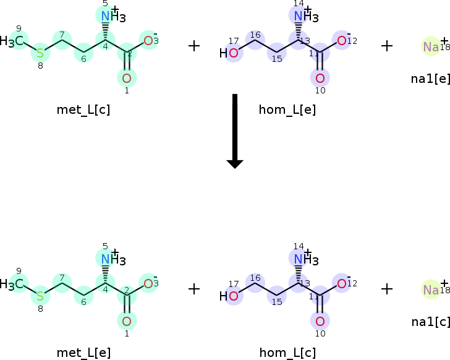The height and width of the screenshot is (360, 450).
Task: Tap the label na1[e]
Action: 430,79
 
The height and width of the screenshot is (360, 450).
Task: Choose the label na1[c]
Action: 430,322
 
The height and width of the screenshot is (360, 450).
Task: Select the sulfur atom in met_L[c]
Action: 40,53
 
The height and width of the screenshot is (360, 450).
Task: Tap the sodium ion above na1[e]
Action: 431,46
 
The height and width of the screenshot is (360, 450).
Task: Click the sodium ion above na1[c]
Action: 431,289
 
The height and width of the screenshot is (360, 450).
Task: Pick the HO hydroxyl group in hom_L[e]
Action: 229,53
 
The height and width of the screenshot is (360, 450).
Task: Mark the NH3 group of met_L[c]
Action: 112,17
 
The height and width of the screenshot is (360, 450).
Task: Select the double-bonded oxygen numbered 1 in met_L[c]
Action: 126,78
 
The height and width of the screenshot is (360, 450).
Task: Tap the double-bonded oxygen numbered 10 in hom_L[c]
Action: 320,321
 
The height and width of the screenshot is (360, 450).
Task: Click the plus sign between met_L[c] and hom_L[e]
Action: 194,46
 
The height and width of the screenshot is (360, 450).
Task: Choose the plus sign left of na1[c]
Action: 387,289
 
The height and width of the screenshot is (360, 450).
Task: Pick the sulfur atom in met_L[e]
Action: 40,296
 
